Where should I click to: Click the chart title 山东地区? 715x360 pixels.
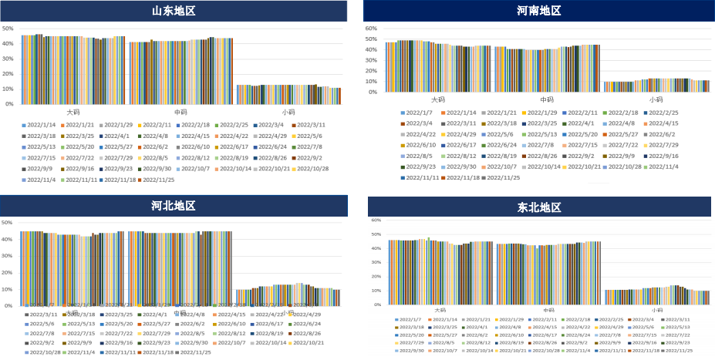pos(173,11)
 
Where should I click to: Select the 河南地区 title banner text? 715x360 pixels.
pos(538,11)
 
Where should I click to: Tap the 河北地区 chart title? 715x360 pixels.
pos(173,206)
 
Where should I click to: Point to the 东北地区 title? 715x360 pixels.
pos(538,207)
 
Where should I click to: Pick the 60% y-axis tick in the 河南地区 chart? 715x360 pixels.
pos(370,29)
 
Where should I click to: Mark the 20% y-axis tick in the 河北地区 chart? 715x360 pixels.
pos(8,272)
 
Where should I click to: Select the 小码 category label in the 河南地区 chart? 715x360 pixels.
pos(656,99)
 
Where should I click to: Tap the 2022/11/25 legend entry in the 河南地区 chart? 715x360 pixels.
pos(504,177)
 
